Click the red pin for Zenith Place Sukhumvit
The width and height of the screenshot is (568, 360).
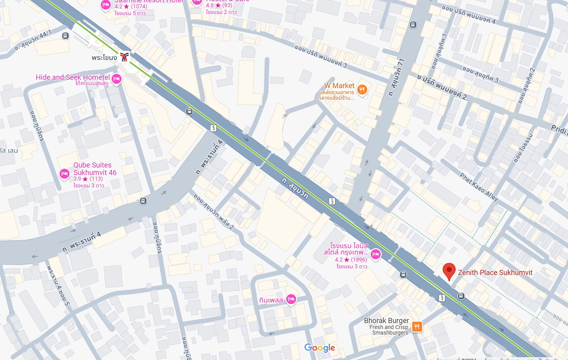pos(449,271)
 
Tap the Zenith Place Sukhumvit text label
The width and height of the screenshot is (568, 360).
pos(495,273)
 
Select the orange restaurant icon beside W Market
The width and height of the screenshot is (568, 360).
pos(362,90)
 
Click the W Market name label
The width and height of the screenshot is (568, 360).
pos(339,86)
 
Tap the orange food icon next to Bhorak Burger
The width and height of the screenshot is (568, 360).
pos(417,327)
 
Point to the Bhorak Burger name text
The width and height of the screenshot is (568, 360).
pos(386,321)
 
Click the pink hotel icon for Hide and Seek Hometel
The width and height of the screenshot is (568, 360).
pos(116,79)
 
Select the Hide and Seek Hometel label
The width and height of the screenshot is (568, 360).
pos(73,77)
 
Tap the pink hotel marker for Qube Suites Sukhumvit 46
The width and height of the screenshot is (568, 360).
pos(64,173)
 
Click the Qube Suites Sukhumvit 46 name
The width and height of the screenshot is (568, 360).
pos(94,169)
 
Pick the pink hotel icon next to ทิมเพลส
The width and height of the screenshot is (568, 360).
pos(291,300)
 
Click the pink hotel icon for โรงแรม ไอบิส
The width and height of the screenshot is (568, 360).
pos(375,254)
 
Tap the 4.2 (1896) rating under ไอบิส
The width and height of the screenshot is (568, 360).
pos(351,260)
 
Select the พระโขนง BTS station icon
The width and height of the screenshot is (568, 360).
pos(124,57)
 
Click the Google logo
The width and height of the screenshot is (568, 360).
pos(320,348)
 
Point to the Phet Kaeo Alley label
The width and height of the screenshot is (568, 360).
pos(479,187)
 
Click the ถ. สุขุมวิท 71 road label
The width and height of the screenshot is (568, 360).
pos(396,77)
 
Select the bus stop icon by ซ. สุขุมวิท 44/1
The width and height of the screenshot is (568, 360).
pos(65,36)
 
